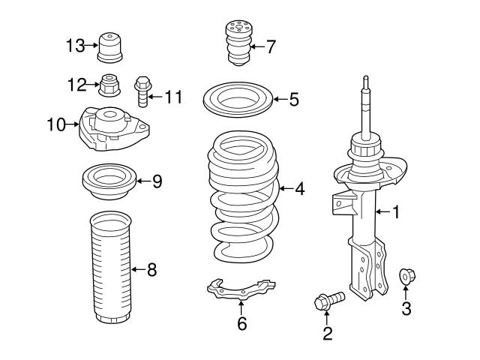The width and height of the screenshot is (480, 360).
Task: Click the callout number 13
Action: click(74, 46)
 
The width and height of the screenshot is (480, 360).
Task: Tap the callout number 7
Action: click(270, 46)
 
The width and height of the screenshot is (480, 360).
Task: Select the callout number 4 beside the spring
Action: click(299, 189)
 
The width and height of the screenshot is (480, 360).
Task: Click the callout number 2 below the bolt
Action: click(327, 334)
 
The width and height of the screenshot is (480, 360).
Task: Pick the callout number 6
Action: click(241, 323)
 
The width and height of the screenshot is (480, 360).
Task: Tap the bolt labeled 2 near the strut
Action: click(328, 301)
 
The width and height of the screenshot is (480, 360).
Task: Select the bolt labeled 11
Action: click(142, 92)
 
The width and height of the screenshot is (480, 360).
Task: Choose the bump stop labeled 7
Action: click(237, 45)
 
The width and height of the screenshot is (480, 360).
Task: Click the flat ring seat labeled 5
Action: click(237, 100)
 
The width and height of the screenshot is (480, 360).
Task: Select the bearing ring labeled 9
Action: click(108, 183)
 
